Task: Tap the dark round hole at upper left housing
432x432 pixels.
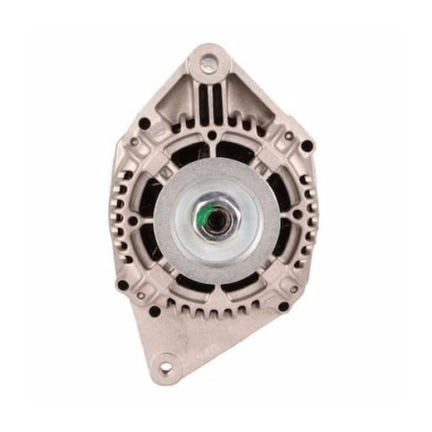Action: pos(144,124)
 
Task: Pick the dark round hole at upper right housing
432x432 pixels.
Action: pos(307,146)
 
